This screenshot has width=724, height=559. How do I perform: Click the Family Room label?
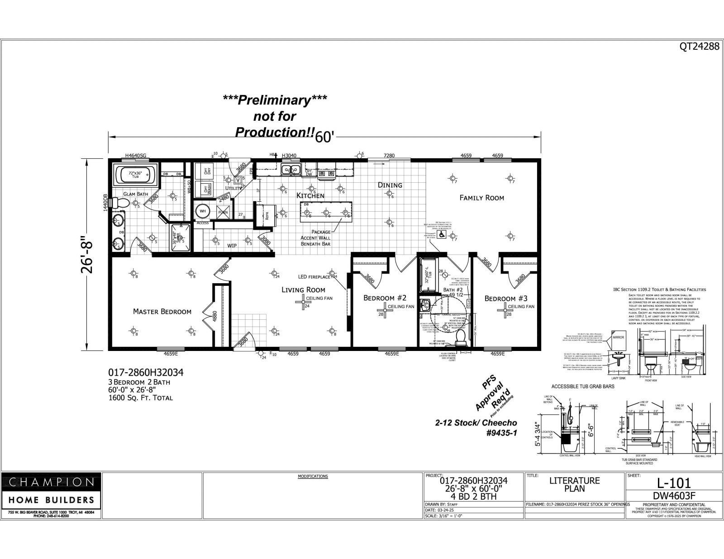pyautogui.click(x=481, y=198)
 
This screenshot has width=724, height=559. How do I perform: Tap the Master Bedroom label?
pyautogui.click(x=162, y=311)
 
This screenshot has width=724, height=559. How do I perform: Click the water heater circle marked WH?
pyautogui.click(x=202, y=212)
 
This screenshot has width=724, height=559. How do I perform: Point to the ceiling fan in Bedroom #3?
pyautogui.click(x=502, y=307)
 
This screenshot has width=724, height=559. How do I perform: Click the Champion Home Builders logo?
pyautogui.click(x=52, y=491)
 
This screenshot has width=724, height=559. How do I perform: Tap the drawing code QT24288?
pyautogui.click(x=699, y=46)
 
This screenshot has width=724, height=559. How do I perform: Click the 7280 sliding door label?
pyautogui.click(x=389, y=156)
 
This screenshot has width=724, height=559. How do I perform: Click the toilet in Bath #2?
pyautogui.click(x=461, y=336)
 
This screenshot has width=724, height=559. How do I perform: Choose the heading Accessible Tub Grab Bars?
pyautogui.click(x=582, y=387)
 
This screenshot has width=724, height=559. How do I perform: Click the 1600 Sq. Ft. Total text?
pyautogui.click(x=140, y=398)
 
